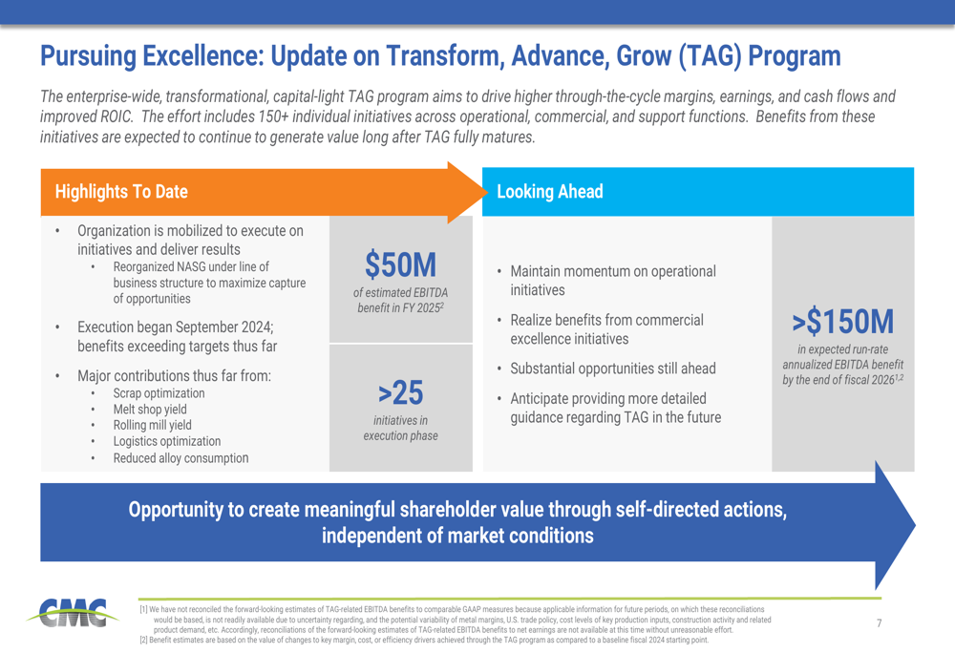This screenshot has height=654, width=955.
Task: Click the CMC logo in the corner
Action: coord(73,614)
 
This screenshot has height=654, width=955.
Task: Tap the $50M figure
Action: coord(400,264)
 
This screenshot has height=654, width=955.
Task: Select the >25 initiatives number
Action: coord(400,391)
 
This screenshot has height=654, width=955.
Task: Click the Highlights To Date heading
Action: coord(121,191)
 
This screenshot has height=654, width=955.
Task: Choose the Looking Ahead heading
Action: coord(550,191)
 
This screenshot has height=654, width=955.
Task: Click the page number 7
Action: coord(880,623)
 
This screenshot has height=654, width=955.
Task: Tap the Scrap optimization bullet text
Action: coord(159,393)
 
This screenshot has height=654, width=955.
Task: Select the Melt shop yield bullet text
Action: coord(151,410)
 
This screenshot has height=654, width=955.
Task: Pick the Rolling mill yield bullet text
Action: coord(152,426)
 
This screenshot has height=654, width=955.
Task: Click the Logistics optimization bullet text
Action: coord(166,441)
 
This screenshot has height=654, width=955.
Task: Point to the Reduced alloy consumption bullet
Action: coord(180,457)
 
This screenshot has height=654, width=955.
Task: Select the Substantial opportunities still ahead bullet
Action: coord(612,369)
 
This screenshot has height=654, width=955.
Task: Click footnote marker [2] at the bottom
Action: coord(143,640)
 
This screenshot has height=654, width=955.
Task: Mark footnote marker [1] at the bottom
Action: coord(143,609)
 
